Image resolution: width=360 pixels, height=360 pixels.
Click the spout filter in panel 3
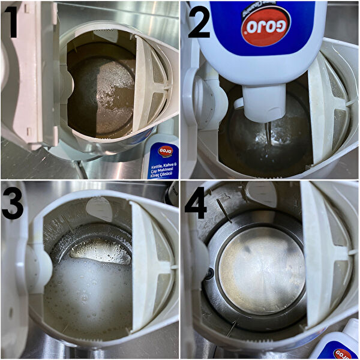[150, 264]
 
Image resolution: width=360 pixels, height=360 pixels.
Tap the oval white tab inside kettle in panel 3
[99, 208]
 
